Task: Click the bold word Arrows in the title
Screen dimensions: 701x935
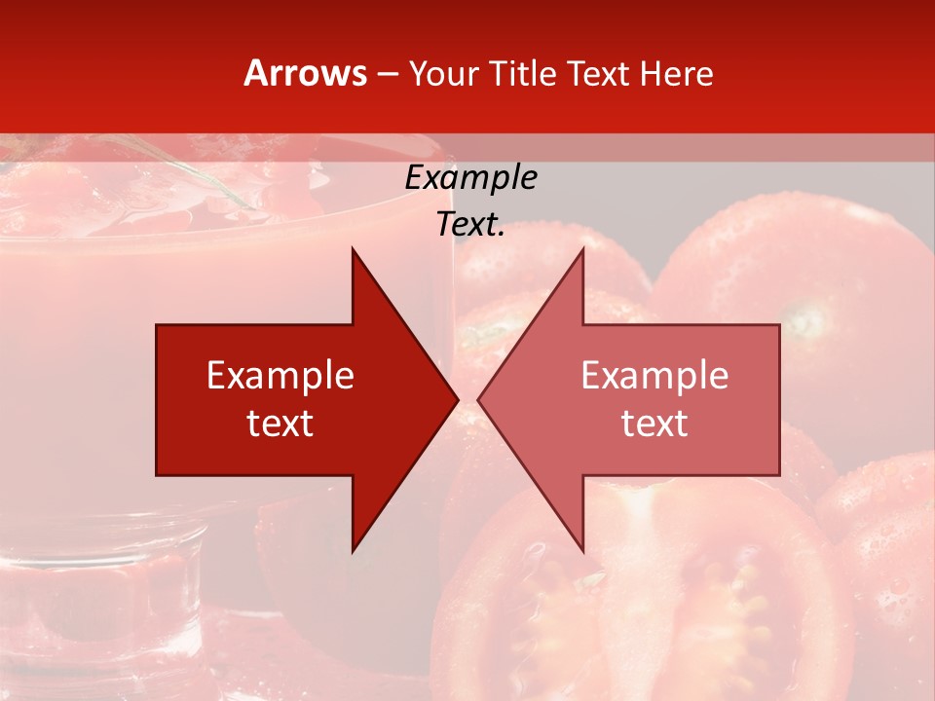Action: (306, 73)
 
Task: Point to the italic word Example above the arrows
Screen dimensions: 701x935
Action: (470, 178)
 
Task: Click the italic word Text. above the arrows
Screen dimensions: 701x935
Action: (470, 224)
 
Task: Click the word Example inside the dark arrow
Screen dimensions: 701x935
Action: (280, 376)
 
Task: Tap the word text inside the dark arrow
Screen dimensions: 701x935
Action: (280, 424)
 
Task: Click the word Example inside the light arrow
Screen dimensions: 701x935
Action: (654, 376)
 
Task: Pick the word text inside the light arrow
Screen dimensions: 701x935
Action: (654, 424)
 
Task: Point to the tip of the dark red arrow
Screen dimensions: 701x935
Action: (456, 399)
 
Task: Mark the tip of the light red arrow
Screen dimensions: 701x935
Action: (480, 399)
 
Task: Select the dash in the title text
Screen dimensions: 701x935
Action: (387, 74)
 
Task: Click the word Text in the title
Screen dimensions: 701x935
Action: (600, 73)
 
